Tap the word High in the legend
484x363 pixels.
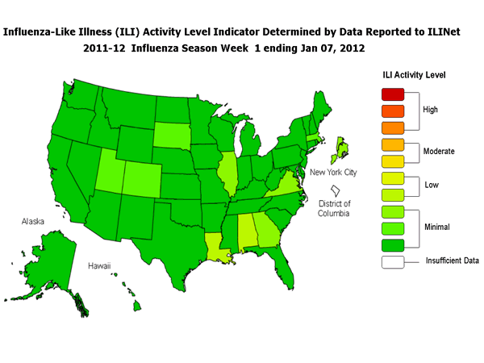[x=431, y=110]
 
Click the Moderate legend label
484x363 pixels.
[x=439, y=152]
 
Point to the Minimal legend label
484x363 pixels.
[x=437, y=228]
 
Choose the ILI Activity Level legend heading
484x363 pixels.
[x=414, y=75]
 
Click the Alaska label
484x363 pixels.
[x=37, y=220]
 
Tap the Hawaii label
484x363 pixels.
[x=100, y=265]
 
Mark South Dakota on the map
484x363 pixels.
[x=169, y=133]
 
